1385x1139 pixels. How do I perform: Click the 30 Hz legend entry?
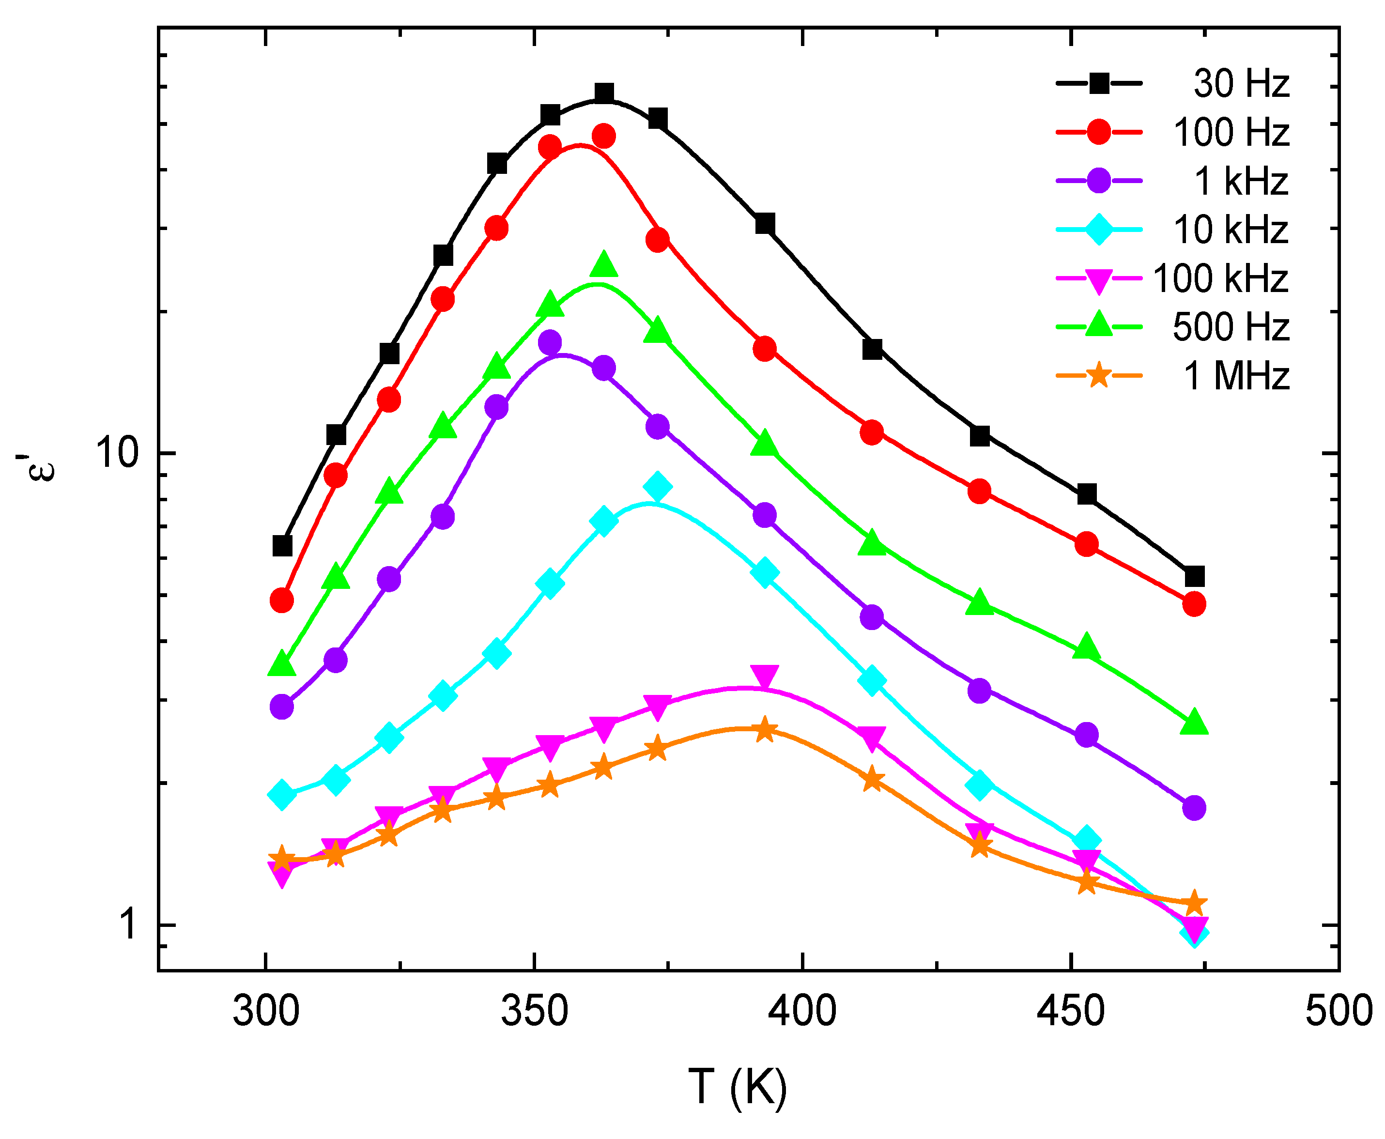pos(1241,84)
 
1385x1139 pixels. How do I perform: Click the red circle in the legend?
pos(1099,132)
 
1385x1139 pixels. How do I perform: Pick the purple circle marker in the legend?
pos(1099,181)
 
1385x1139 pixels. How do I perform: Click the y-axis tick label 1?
pos(129,924)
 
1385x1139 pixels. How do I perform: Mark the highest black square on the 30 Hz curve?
pos(603,93)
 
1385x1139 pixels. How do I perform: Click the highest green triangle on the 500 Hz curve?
pos(603,264)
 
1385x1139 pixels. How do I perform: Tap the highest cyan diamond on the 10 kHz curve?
pos(658,487)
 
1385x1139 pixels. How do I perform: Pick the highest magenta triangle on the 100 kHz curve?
pos(764,677)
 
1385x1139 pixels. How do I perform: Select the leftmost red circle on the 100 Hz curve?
pos(281,600)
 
